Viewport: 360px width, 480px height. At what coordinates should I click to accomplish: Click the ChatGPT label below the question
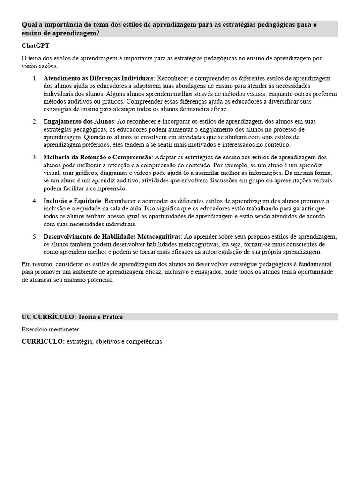[36, 46]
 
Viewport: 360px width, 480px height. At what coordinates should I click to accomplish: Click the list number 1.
[35, 78]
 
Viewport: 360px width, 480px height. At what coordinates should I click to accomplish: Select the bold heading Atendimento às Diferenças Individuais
[98, 78]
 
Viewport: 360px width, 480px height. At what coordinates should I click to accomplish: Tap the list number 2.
[35, 122]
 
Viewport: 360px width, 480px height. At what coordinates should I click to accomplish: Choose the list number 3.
[35, 157]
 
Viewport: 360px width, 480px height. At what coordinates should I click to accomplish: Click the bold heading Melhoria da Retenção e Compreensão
[97, 157]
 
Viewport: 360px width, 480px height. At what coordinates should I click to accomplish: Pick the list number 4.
[35, 201]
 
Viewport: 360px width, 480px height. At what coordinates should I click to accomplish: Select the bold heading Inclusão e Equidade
[72, 201]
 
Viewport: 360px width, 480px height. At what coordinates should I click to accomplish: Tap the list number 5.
[35, 236]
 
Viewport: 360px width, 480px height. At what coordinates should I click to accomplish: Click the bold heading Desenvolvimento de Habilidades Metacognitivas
[112, 236]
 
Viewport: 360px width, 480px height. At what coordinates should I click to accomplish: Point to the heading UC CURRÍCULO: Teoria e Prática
[72, 317]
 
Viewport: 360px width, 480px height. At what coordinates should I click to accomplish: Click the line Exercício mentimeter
[51, 329]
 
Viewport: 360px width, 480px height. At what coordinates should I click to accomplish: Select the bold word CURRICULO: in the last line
[43, 342]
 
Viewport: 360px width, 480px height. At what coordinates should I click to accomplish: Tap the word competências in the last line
[143, 342]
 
